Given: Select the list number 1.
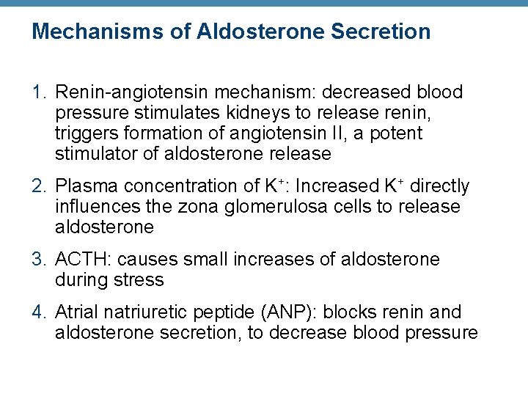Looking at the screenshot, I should (x=38, y=92).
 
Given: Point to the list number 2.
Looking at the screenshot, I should (x=39, y=186).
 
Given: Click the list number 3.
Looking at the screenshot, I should (x=39, y=260).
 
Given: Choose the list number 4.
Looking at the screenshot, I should (x=39, y=312).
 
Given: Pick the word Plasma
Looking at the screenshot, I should (x=84, y=186).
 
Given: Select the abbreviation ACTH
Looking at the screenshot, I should (x=81, y=260).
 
